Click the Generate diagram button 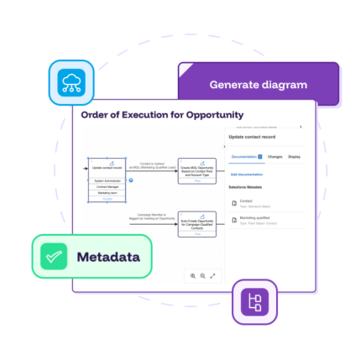pos(258,85)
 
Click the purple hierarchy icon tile pos(253,302)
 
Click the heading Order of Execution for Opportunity pos(162,114)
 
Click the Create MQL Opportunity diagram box pos(197,170)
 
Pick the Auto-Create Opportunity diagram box pos(197,225)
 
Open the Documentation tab pos(246,157)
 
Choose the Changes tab pos(274,157)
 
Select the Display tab pos(295,157)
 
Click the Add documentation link pos(245,174)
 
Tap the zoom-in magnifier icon pos(193,275)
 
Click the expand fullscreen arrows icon pos(212,275)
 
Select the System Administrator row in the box pos(107,180)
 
